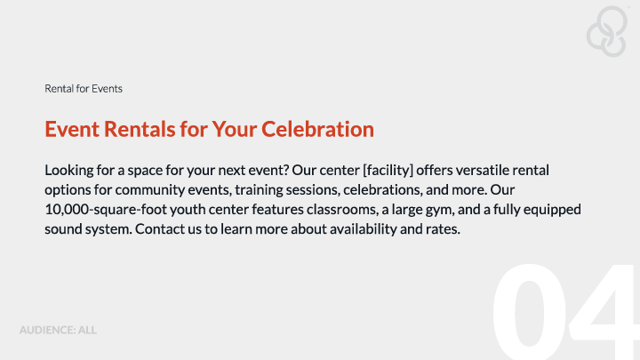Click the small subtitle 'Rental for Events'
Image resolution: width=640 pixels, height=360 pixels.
(84, 89)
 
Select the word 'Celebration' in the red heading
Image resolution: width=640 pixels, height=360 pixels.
(317, 129)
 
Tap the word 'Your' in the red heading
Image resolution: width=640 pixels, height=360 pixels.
(235, 129)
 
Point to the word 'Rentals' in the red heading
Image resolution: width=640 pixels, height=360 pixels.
(140, 129)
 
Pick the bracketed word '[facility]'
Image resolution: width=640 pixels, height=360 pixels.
(388, 170)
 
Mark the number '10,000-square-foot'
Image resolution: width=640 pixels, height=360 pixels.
(106, 210)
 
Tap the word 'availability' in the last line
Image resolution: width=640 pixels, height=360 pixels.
(364, 229)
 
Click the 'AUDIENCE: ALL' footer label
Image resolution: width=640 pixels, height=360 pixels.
(58, 330)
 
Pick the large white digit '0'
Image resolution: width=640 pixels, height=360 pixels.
(530, 312)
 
